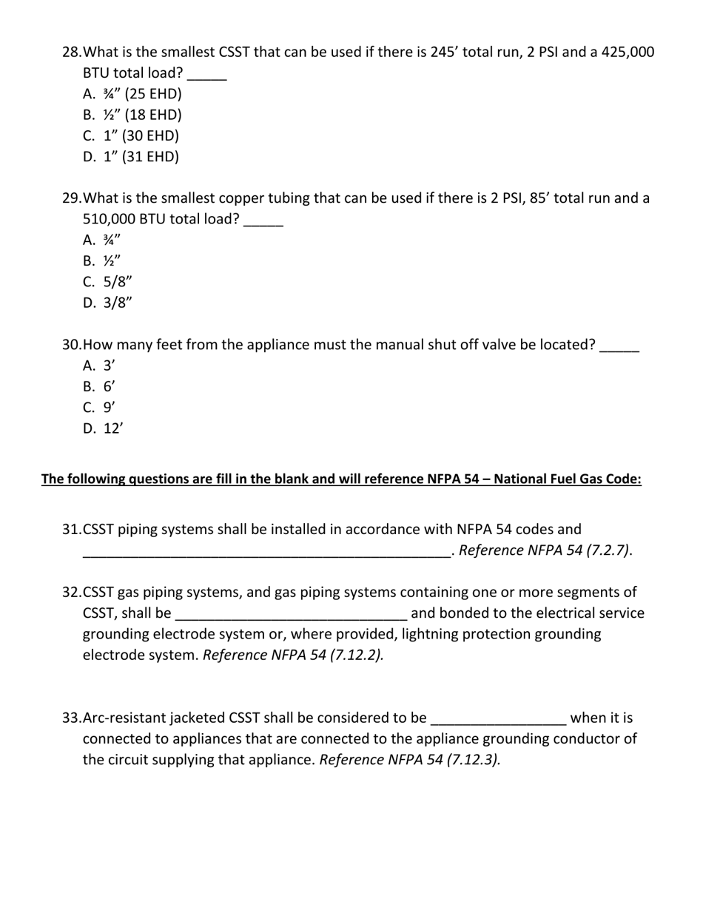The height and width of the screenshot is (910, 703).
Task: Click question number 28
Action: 72,52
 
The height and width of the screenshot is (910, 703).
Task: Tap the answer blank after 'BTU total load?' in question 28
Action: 207,74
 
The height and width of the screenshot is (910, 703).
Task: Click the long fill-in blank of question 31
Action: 266,551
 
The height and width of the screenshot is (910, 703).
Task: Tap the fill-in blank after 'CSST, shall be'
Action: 292,614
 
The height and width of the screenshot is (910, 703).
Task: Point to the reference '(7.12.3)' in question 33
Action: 473,760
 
